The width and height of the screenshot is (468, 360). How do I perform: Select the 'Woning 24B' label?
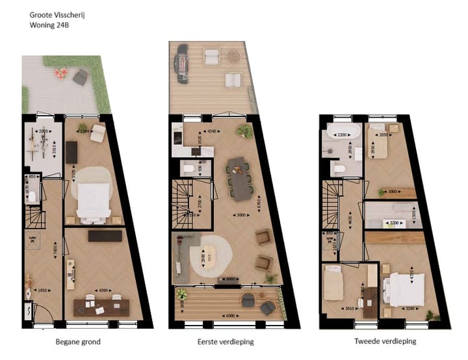click(51, 25)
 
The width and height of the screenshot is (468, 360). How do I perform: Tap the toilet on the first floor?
click(187, 169)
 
